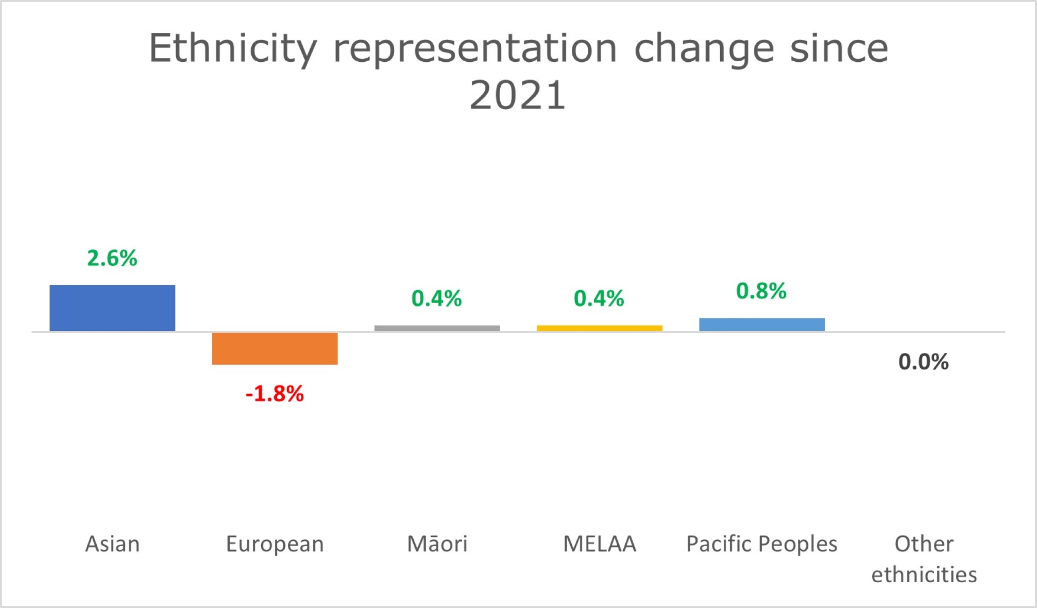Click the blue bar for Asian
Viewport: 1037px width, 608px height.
112,308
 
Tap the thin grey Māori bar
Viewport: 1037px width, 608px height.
437,328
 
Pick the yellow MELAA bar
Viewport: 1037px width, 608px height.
600,328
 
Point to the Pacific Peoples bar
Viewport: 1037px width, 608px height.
762,324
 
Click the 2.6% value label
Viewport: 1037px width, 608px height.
112,258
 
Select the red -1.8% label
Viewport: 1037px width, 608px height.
274,393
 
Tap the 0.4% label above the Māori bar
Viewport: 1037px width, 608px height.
437,298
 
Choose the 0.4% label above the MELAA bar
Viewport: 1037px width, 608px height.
599,298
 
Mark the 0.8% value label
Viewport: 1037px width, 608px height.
761,291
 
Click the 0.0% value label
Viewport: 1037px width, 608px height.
923,362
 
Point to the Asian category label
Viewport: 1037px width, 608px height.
112,544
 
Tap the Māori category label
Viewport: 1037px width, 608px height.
437,544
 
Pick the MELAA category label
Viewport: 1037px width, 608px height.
600,544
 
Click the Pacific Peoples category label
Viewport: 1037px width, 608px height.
762,544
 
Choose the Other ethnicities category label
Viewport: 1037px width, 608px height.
924,559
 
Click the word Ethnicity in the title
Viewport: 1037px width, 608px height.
233,49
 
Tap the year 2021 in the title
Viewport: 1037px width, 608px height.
517,96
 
